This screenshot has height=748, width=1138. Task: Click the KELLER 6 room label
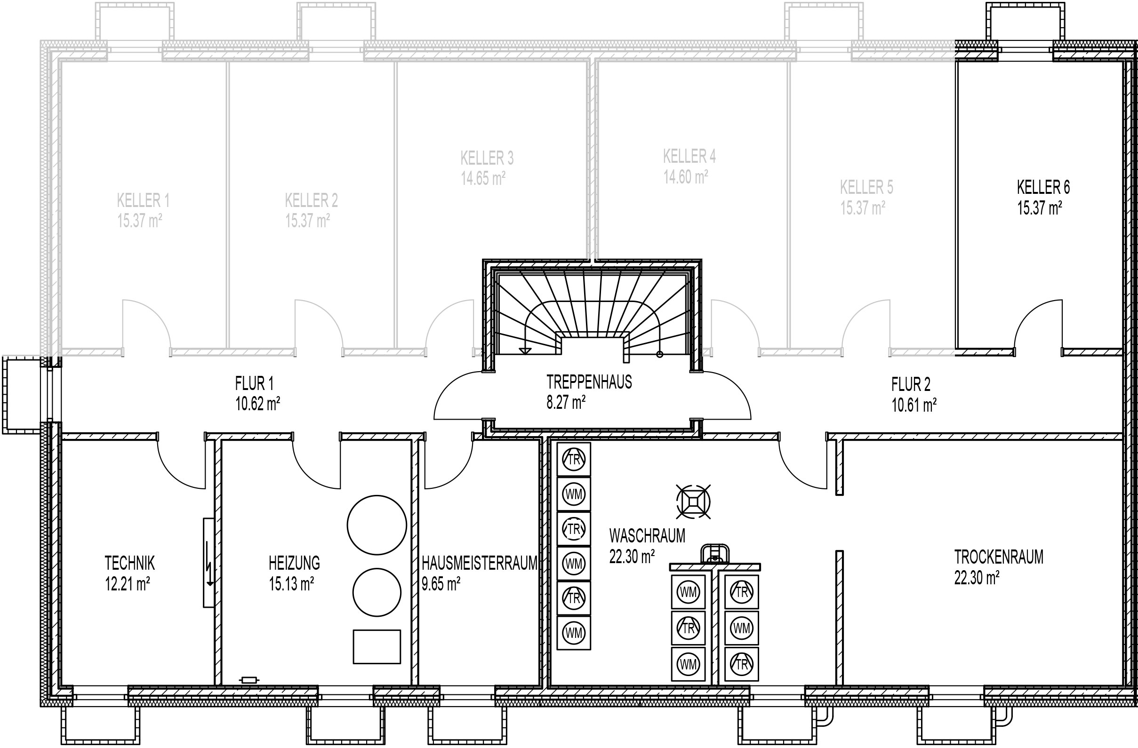tap(1043, 187)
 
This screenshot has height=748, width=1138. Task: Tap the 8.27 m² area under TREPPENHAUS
tap(566, 402)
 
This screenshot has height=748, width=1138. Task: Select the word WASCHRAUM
tap(647, 536)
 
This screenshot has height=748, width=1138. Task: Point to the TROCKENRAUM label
tap(999, 557)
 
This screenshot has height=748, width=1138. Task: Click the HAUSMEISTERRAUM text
tap(480, 563)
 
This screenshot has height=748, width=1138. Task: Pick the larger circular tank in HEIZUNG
tap(377, 525)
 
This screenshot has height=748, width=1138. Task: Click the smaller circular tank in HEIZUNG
tap(377, 592)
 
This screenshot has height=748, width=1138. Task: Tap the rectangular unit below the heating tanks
tap(377, 647)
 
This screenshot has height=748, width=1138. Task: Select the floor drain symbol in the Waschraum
tap(693, 501)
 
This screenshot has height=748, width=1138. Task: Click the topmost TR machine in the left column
tap(574, 459)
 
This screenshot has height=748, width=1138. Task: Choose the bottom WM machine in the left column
tap(574, 633)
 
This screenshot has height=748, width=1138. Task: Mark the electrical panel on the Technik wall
tap(209, 563)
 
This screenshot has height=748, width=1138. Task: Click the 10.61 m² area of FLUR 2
tap(914, 406)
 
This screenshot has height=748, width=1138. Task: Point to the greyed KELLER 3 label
tap(487, 158)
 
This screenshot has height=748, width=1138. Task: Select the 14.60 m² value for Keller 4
tap(686, 177)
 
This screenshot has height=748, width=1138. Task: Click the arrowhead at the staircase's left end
tap(525, 350)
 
